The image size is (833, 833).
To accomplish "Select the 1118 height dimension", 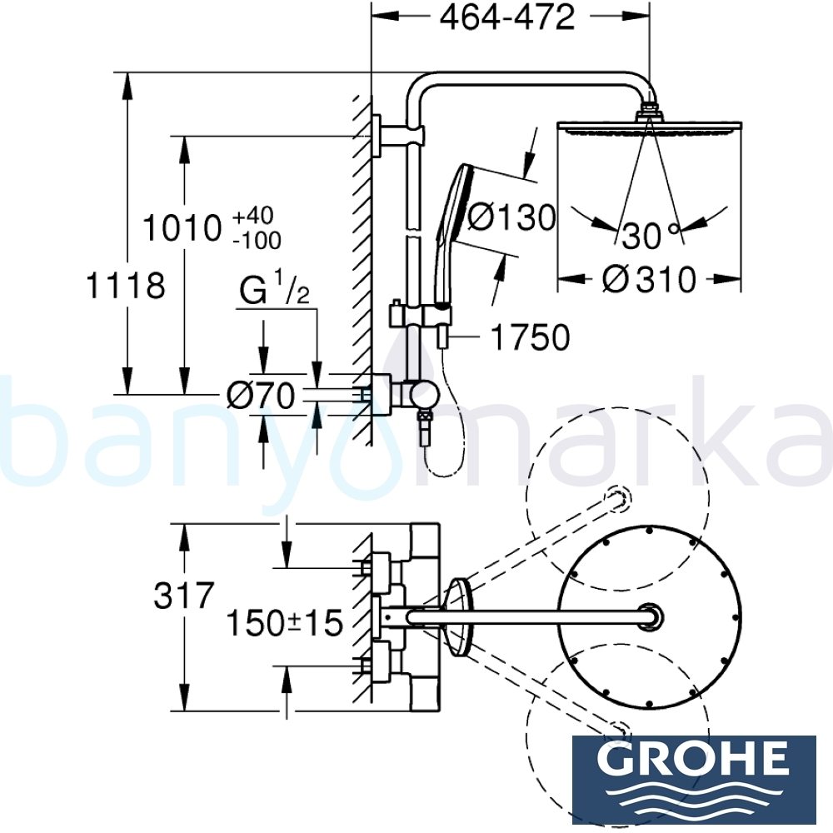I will pos(126,286).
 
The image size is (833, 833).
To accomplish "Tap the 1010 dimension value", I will pos(183,228).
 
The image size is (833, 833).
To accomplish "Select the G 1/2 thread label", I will pos(275,292).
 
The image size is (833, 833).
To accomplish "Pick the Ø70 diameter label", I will pos(261,397).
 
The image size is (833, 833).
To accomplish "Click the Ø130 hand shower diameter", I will pos(511,217).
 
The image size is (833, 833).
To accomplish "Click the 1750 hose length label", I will pos(530,337).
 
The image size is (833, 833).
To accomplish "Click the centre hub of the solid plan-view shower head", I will pos(648,617).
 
